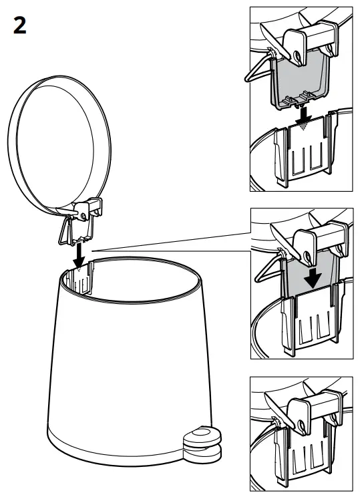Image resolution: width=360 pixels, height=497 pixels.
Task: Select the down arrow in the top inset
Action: pyautogui.click(x=305, y=116)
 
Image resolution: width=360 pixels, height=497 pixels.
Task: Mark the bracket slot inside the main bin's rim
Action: pyautogui.click(x=81, y=279)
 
